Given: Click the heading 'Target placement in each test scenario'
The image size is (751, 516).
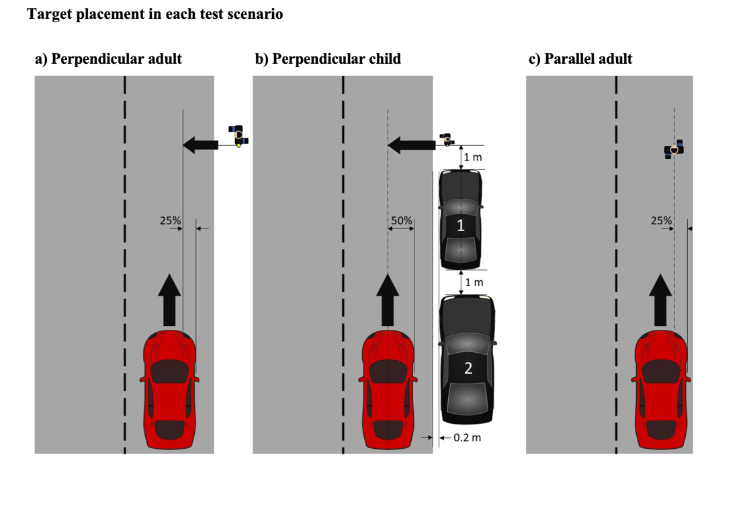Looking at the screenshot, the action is point(154,14).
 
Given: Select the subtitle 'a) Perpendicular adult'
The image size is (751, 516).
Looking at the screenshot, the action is point(108,59).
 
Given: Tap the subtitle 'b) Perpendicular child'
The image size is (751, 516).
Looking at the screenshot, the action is point(328,59).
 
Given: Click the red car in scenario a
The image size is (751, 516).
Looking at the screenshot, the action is point(169,390).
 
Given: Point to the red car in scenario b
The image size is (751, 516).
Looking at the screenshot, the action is point(388,390).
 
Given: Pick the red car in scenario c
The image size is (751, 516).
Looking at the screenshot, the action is point(661,390).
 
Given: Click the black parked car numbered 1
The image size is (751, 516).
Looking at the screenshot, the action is point(460,220).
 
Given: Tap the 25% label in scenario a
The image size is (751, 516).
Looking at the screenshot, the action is point(170,220).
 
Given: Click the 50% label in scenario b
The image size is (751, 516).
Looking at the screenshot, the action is point(402,220).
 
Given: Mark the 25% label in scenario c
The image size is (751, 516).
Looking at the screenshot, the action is point(661,220).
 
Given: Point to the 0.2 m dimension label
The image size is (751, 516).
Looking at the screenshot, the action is point(468,438).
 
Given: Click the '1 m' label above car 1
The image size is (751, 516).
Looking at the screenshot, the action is point(474,157).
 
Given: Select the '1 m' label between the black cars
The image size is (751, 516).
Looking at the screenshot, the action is point(474,282).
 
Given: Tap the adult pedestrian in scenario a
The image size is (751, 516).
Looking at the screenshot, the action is point(238,135).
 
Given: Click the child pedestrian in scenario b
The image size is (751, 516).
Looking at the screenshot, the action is point(446,139).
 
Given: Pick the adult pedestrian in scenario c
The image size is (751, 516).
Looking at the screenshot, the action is point(674,149).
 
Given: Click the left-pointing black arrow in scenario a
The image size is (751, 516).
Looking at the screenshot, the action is point(201,144).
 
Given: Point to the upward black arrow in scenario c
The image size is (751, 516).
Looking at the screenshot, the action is point(660,300).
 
